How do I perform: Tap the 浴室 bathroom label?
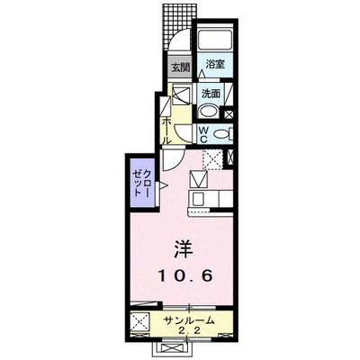[213, 66]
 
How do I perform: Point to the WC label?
[203, 134]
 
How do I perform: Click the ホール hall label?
[167, 125]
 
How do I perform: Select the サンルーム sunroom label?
[190, 320]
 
